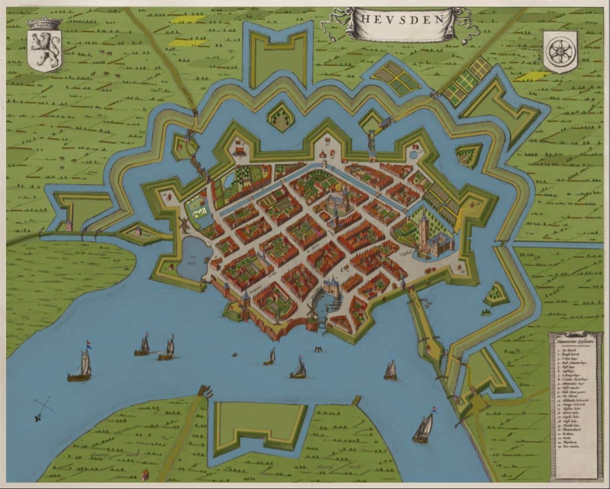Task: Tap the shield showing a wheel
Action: point(560,51)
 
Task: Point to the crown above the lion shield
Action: point(44,24)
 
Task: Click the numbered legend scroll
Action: point(576,405)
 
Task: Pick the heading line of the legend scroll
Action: point(575,340)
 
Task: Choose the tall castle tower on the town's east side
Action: point(424,232)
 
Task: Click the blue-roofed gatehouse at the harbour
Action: point(332,286)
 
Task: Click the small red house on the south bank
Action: point(145,474)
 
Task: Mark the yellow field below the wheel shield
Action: point(533,76)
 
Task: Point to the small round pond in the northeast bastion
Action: point(413,155)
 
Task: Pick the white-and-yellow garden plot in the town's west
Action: point(198,207)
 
